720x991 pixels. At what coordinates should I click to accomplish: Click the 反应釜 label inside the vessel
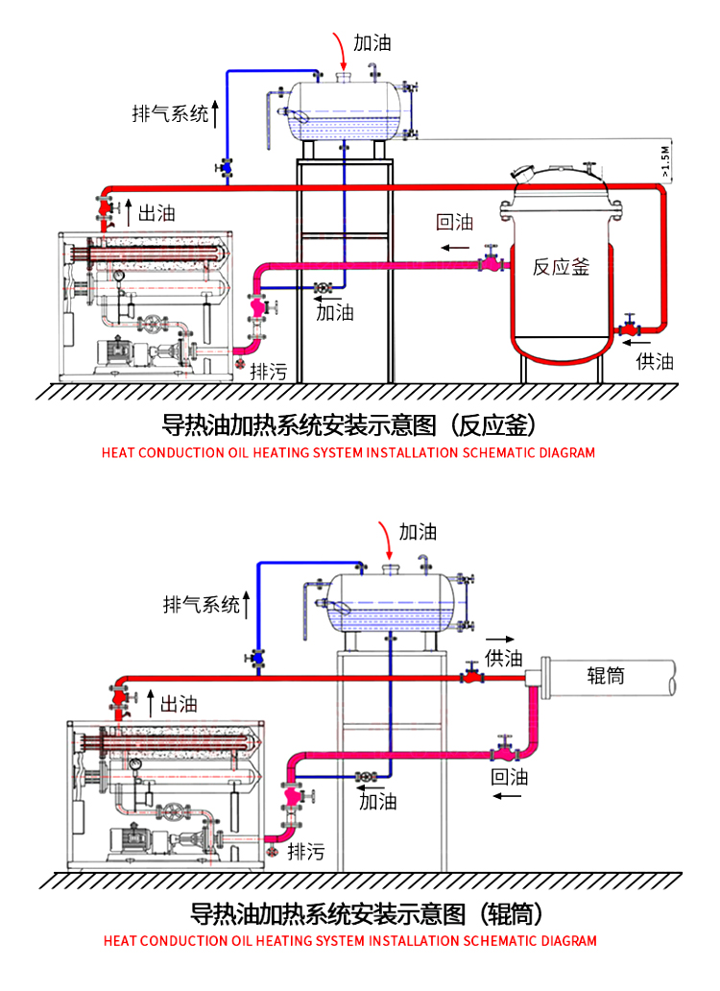coord(561,267)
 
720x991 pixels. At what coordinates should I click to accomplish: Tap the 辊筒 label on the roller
coord(606,675)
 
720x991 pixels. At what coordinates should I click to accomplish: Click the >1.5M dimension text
coord(664,161)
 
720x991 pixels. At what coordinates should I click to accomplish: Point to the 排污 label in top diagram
coord(269,371)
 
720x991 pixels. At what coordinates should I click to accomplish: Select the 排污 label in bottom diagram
coord(305,852)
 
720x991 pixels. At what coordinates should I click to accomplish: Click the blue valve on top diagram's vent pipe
coord(225,167)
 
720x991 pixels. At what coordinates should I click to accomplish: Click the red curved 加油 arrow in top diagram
coord(340,50)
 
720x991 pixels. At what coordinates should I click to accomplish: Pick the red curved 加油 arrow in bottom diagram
coord(386,540)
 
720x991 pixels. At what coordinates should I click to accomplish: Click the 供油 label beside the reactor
coord(655,361)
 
